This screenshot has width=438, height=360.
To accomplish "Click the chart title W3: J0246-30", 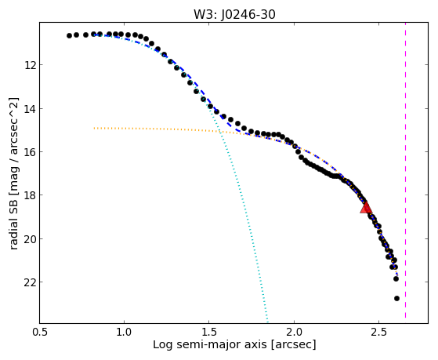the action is click(x=234, y=15).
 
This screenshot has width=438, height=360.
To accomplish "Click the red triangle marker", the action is click(x=366, y=208).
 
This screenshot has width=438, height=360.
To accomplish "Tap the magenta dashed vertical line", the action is click(x=405, y=170).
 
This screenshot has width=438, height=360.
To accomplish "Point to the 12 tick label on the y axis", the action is click(x=29, y=65).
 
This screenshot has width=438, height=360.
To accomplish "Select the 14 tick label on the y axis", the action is click(x=29, y=109).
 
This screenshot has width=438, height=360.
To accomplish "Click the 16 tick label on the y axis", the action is click(x=29, y=152).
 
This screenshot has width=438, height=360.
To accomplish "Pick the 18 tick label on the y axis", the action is click(x=29, y=195).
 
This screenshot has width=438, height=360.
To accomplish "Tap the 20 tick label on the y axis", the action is click(x=29, y=239).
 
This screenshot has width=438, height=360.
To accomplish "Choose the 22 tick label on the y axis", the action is click(x=29, y=282).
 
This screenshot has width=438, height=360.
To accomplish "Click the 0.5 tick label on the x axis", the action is click(x=40, y=333).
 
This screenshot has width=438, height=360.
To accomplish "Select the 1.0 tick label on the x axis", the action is click(x=125, y=333).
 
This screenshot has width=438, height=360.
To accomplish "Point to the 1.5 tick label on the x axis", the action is click(x=209, y=333).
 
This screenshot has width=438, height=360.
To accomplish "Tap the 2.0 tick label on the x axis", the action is click(x=294, y=333).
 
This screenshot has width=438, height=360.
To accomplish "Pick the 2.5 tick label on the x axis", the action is click(x=378, y=333).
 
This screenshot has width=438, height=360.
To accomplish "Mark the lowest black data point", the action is click(x=396, y=299).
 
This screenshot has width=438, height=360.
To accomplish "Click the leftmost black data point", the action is click(x=69, y=35).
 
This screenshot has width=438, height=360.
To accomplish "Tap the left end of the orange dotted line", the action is click(x=94, y=128).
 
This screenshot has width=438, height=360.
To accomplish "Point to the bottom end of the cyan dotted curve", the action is click(x=268, y=322).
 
